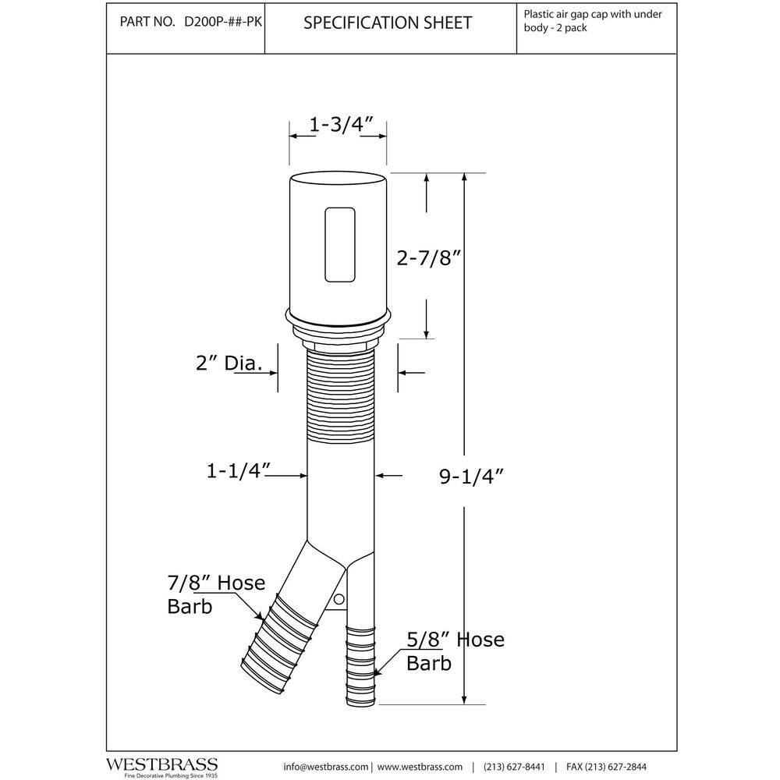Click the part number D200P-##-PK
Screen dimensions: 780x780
point(223,23)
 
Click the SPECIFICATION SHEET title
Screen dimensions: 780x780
point(388,23)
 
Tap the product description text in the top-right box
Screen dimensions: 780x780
point(593,21)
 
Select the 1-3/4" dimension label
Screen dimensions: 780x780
point(341,124)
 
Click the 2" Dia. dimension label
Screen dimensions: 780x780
point(229,363)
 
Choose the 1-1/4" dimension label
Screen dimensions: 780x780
point(238,470)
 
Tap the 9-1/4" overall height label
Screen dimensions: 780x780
point(471,477)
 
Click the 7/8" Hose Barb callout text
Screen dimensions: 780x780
point(216,594)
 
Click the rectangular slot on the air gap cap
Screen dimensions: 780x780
point(340,245)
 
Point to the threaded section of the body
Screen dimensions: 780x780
point(341,395)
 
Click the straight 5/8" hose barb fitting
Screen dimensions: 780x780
point(360,665)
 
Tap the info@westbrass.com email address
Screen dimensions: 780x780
point(326,767)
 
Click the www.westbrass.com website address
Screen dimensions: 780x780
point(420,767)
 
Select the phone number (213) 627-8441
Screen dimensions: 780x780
point(514,767)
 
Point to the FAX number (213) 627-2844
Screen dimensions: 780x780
point(606,767)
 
